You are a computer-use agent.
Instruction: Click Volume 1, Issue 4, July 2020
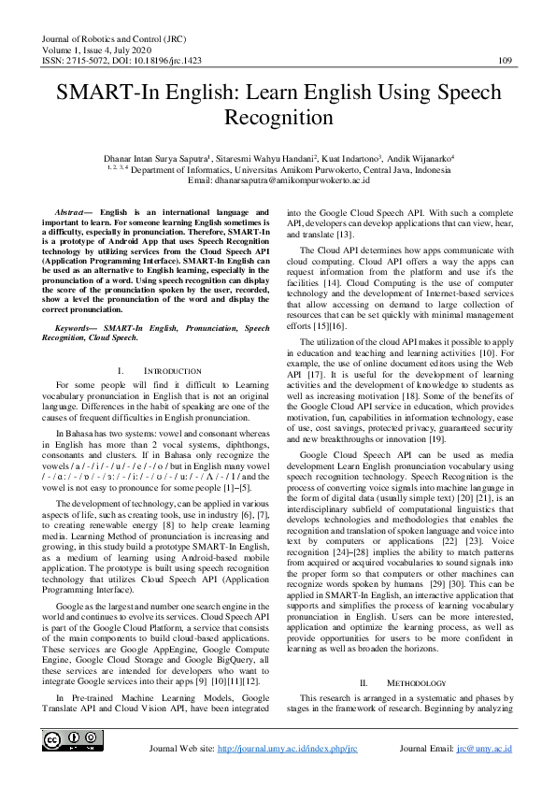(96, 49)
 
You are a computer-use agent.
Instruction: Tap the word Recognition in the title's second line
(278, 119)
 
